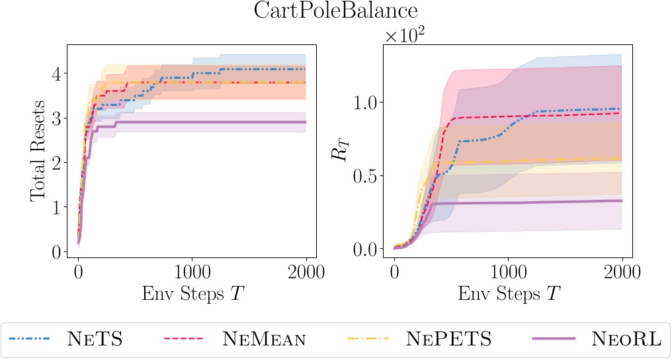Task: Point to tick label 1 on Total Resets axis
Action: (x=57, y=207)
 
